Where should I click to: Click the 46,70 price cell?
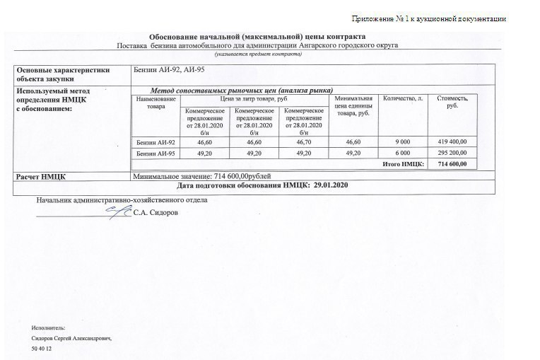pos(304,142)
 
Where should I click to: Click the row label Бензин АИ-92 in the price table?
pos(155,142)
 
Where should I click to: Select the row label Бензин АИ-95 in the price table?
pos(155,153)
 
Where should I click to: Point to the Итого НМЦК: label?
pos(402,164)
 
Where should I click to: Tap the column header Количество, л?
pos(403,98)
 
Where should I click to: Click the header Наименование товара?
pos(155,102)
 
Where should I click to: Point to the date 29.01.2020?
pos(331,185)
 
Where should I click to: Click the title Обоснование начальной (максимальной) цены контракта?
pos(258,37)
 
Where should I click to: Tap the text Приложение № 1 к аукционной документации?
pos(428,18)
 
